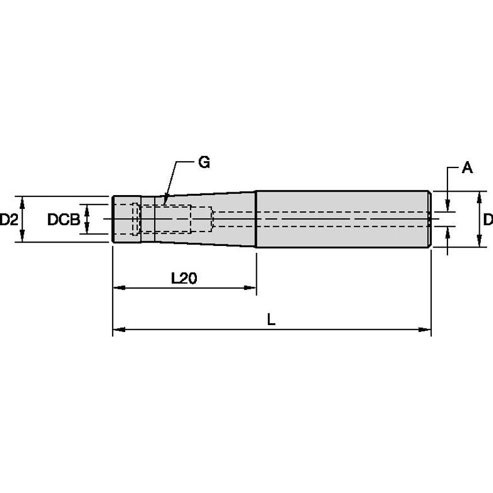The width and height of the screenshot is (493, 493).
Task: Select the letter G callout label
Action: [203, 163]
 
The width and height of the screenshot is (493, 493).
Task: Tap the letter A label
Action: [467, 168]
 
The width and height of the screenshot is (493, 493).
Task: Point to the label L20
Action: [184, 278]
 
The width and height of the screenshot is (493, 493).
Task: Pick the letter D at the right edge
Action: [487, 219]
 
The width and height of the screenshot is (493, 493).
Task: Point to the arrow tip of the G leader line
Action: [165, 201]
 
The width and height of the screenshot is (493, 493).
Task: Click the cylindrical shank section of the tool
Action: [343, 219]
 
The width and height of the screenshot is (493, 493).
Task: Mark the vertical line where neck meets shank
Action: [256, 219]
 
